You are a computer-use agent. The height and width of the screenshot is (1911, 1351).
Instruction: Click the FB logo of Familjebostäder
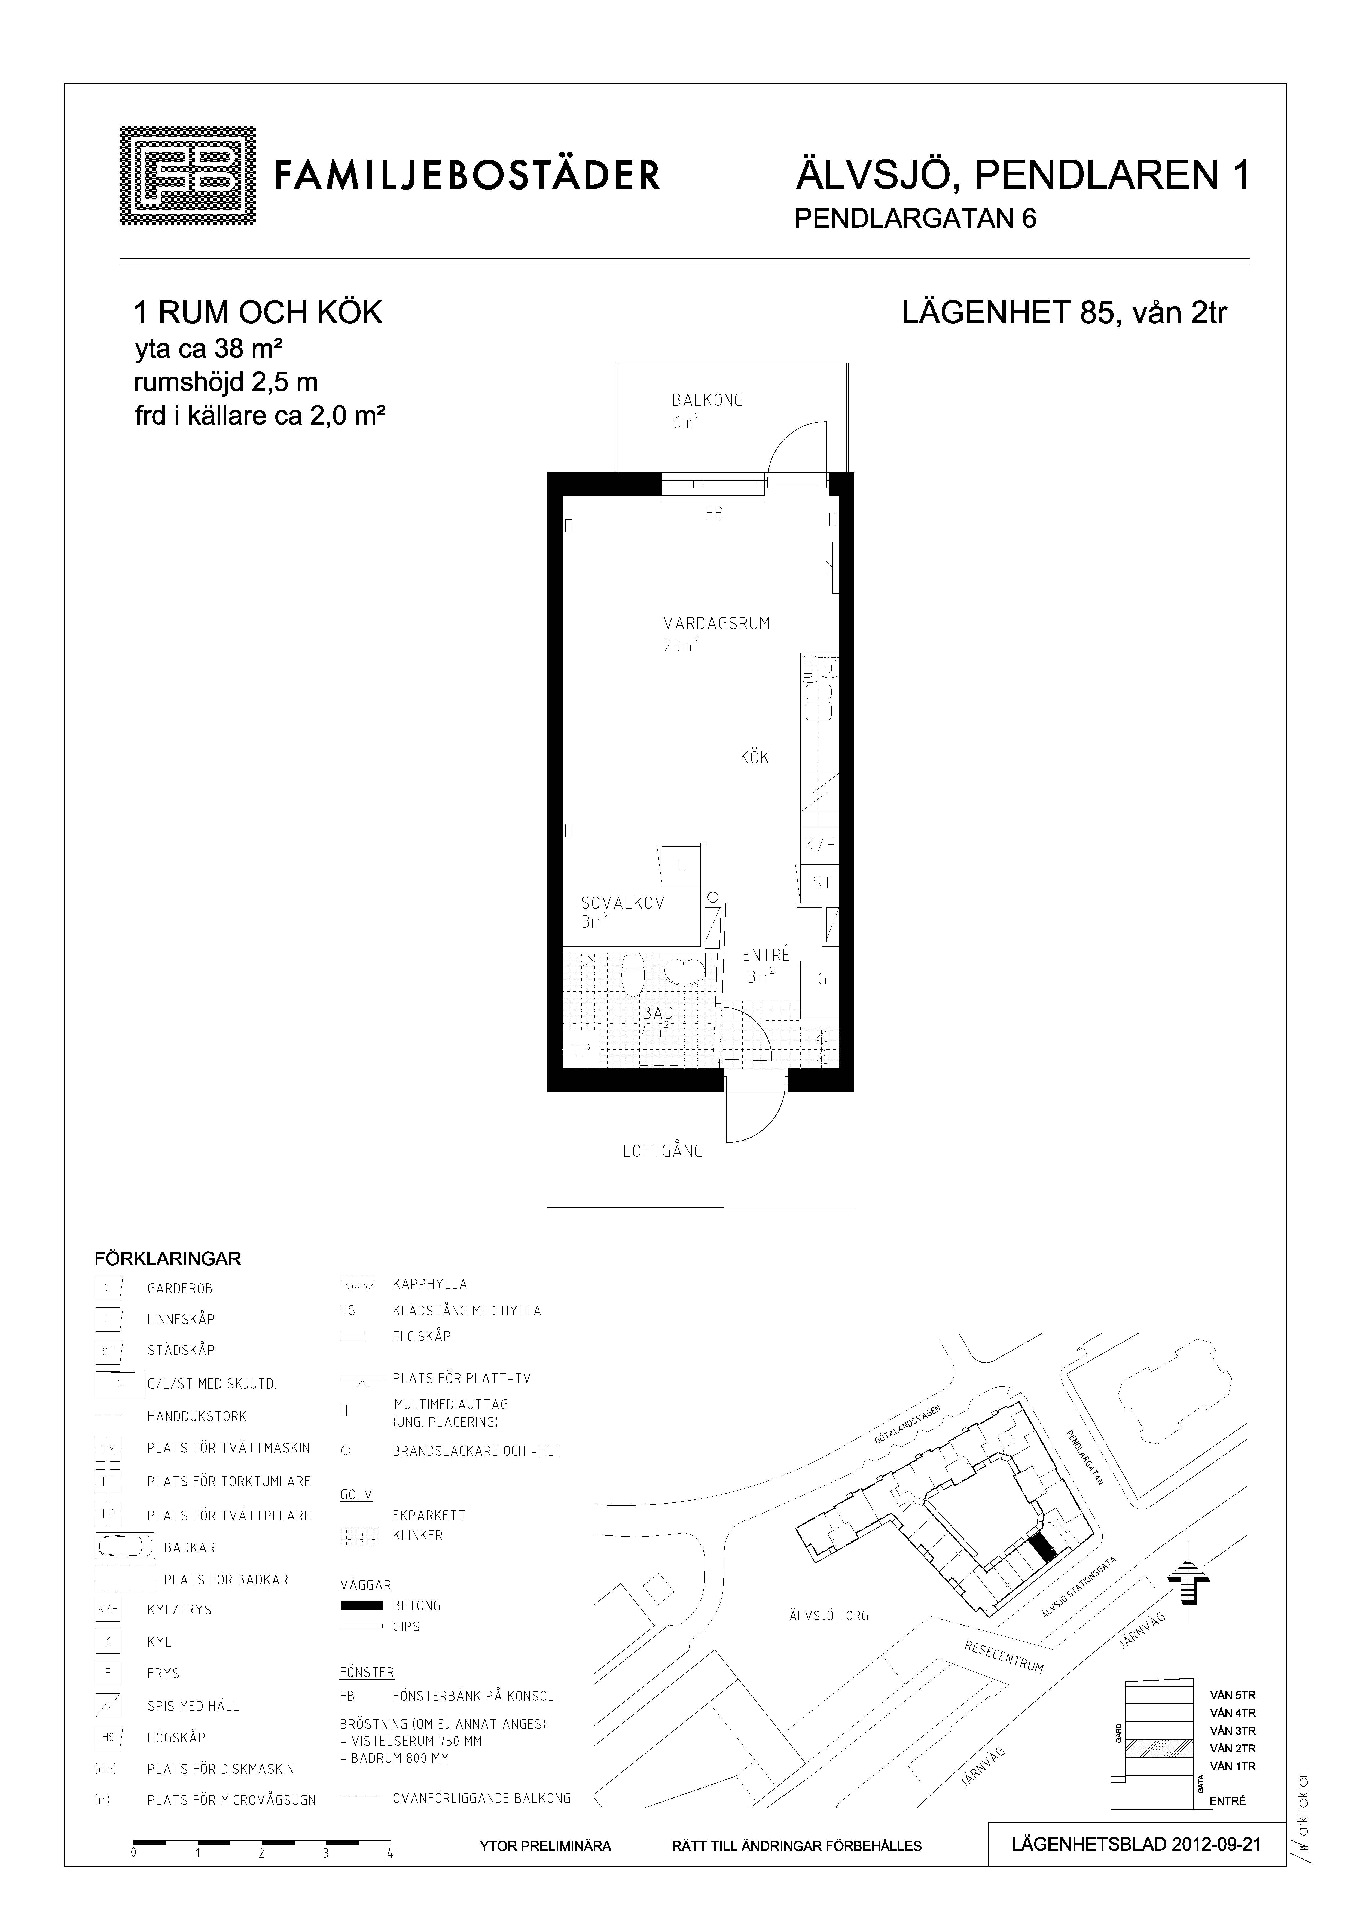(x=187, y=176)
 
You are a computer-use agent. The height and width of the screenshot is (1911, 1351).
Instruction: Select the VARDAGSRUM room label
(x=717, y=623)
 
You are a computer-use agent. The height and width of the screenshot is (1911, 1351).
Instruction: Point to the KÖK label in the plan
(x=754, y=757)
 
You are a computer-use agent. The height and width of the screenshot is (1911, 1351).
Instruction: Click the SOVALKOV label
(x=623, y=903)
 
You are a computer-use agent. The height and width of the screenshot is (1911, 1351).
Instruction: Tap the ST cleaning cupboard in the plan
(x=821, y=883)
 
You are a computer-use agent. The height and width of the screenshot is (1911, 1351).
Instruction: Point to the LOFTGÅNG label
(x=663, y=1151)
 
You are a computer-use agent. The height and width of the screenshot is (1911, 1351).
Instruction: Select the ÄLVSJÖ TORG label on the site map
(x=829, y=1616)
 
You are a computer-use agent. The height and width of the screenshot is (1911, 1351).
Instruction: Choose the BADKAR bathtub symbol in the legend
(x=125, y=1546)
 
